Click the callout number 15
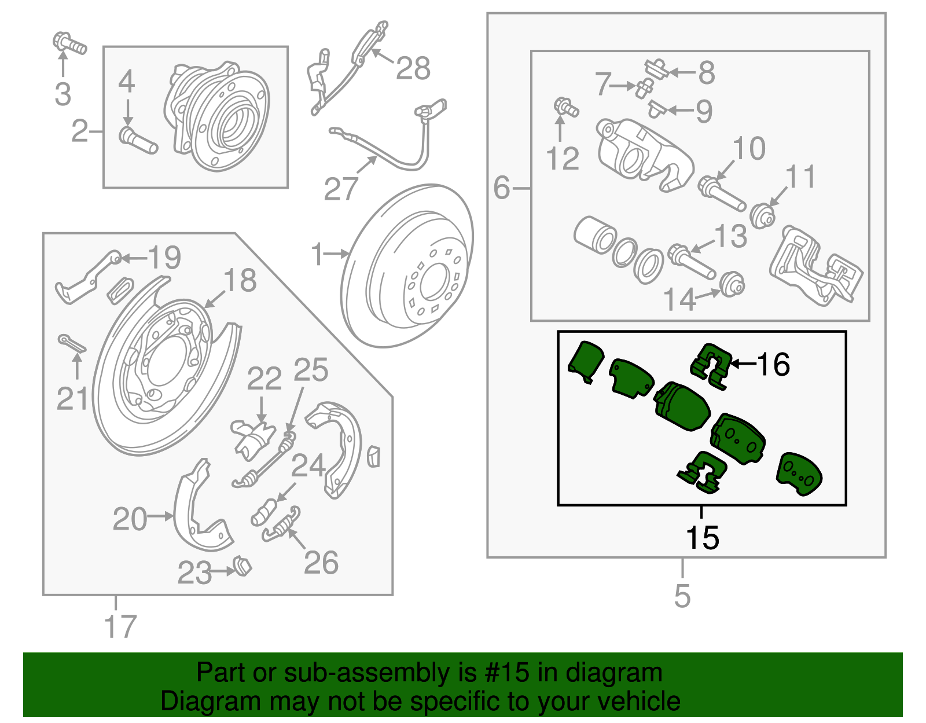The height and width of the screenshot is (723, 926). point(702,538)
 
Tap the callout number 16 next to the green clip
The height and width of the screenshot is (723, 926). point(773,365)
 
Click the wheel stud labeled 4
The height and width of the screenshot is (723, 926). point(138,141)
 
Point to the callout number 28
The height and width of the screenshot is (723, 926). point(413,68)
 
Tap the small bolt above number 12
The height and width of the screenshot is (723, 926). point(565,108)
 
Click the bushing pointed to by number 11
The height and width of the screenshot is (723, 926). point(763,216)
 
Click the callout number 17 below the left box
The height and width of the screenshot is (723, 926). point(120,626)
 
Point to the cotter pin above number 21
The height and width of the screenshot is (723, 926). point(73,344)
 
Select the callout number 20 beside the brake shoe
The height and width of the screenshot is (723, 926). point(130,519)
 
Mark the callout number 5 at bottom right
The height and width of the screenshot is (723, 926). point(682,596)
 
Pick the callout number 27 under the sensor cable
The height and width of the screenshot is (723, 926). point(341,189)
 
